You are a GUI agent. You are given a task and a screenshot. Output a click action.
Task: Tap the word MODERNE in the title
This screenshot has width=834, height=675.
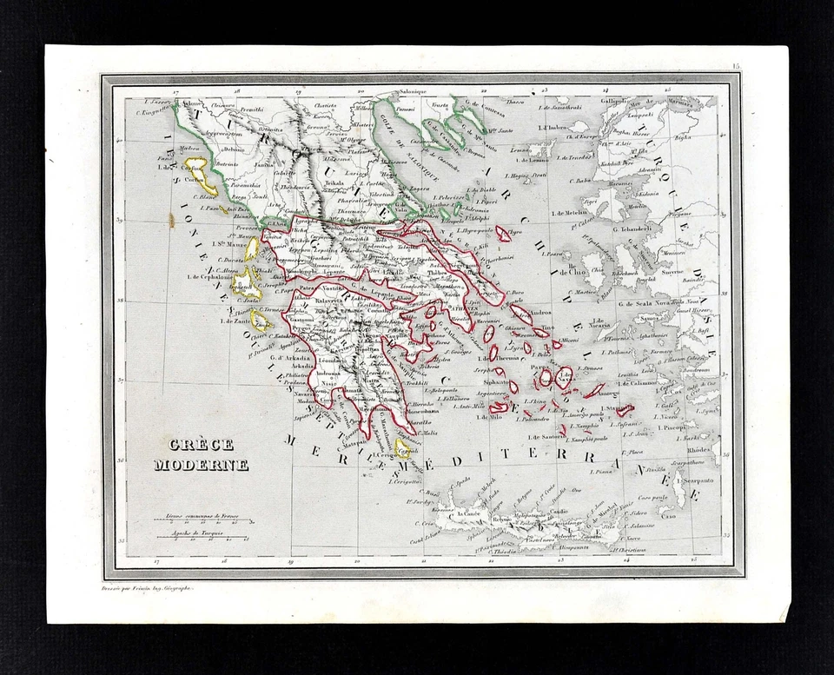201,465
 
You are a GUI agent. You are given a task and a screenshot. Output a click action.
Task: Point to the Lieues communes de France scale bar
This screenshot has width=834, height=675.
205,519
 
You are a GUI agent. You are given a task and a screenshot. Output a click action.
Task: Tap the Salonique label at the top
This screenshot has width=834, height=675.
414,92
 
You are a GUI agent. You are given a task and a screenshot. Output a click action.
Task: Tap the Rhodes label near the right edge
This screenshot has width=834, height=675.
698,450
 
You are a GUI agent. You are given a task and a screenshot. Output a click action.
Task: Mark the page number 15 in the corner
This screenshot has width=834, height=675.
735,66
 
